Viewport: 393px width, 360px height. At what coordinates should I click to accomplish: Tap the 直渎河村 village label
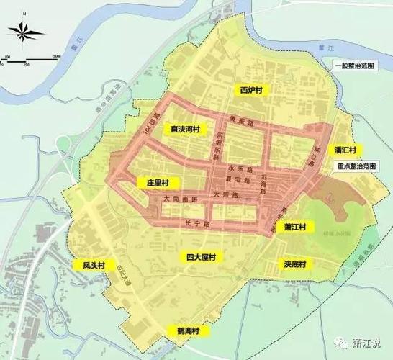pos(184,130)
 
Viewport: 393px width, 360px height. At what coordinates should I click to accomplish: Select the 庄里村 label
pos(157,183)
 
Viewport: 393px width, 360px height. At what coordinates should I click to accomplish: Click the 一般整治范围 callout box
pos(353,66)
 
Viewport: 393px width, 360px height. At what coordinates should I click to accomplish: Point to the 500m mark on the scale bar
pos(55,56)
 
